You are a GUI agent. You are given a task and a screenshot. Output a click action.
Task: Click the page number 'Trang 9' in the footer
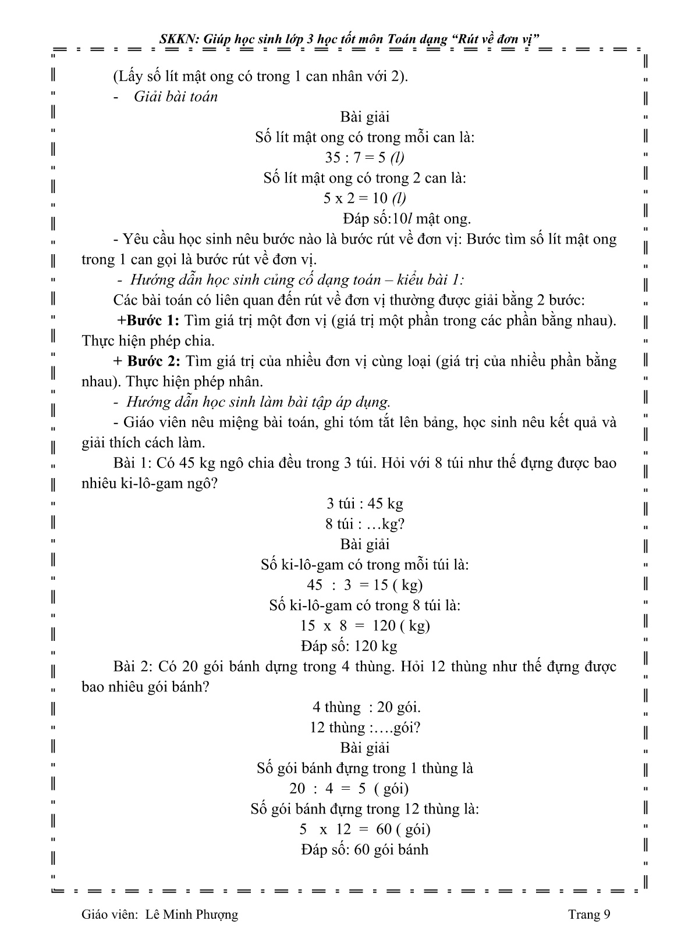pos(589,915)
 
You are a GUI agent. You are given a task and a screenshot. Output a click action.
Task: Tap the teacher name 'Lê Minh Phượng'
pos(191,915)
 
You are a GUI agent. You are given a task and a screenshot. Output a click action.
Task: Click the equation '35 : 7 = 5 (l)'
pos(364,157)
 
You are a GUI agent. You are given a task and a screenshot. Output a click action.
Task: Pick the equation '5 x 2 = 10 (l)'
pos(364,198)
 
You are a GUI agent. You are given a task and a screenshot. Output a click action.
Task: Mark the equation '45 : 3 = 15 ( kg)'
pos(364,585)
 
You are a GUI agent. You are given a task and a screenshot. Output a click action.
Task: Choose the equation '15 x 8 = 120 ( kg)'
pos(364,626)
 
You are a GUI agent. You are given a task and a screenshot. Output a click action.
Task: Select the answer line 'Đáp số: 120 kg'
pos(349,646)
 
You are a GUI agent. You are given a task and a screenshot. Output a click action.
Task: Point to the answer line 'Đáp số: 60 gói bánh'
pos(364,850)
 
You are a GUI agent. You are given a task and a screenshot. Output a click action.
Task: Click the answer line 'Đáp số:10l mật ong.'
pos(406,219)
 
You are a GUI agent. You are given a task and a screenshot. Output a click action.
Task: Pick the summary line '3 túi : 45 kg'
pos(364,504)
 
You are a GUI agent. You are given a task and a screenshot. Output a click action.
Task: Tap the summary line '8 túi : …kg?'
pos(364,524)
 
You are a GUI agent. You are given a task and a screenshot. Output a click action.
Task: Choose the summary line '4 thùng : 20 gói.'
pos(366,707)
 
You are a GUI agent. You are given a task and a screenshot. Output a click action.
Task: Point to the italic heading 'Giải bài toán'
pos(175,97)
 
